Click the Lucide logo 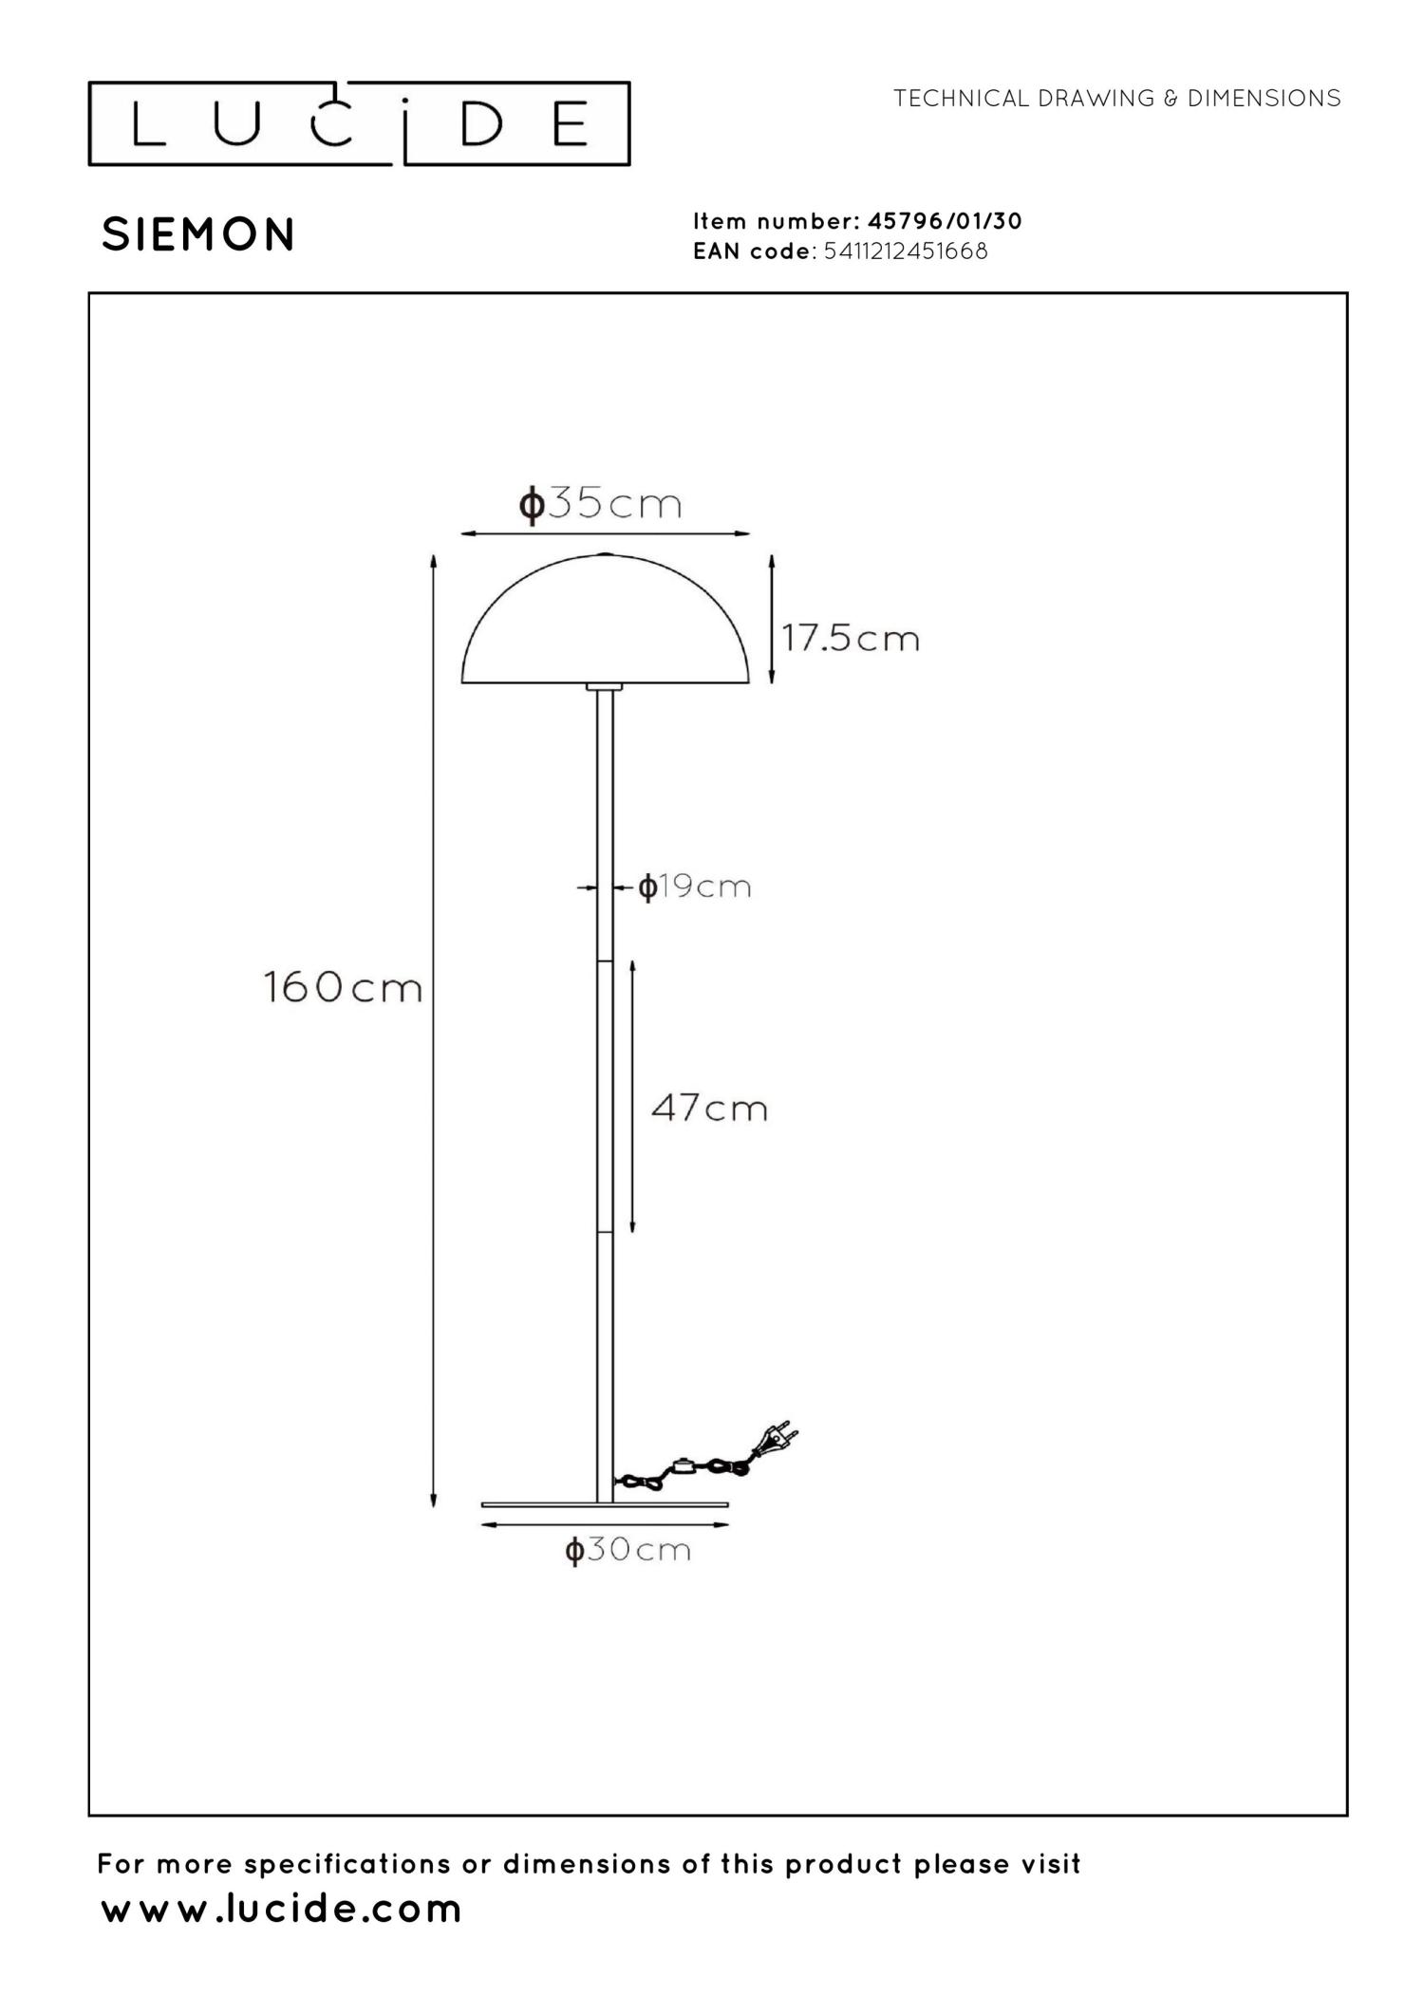click(x=359, y=124)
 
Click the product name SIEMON click(x=198, y=234)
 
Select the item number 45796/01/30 click(x=945, y=221)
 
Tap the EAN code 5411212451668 click(x=906, y=252)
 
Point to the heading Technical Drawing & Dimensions click(x=1116, y=99)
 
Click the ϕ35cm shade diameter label click(x=600, y=504)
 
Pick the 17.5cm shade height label click(x=851, y=638)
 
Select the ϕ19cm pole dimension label click(x=695, y=887)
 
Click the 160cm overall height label click(x=342, y=988)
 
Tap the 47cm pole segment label click(x=709, y=1108)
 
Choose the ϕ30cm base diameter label click(x=628, y=1551)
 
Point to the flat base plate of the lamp click(x=605, y=1504)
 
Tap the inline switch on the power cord click(x=681, y=1465)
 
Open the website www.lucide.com click(x=281, y=1909)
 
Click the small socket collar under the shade click(x=605, y=686)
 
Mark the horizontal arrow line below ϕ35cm click(x=605, y=534)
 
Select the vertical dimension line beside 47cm click(x=632, y=1096)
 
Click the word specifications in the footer click(x=348, y=1864)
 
